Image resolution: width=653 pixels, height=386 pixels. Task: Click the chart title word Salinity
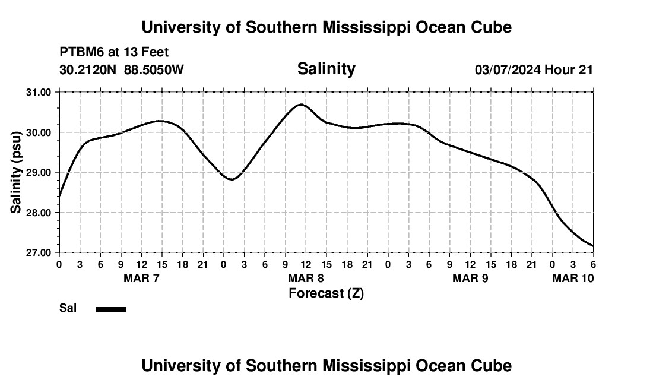coord(326,69)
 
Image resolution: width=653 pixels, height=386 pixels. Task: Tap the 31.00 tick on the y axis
coord(39,92)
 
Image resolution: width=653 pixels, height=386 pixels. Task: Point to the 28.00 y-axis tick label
coord(39,213)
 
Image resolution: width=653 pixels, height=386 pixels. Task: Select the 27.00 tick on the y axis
coord(39,252)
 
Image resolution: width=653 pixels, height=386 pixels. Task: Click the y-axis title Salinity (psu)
coord(16,173)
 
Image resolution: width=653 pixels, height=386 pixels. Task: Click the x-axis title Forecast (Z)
coord(326,293)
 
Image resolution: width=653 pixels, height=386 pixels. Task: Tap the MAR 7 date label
coord(141,278)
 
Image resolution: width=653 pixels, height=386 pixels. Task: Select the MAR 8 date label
coord(305,278)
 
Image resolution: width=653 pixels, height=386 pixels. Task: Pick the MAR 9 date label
coord(470,278)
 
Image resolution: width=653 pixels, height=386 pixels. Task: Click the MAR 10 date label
coord(573,278)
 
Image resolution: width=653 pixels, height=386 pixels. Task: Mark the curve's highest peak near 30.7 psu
coord(302,105)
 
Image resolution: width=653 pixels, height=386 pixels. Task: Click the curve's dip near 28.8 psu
coord(232,179)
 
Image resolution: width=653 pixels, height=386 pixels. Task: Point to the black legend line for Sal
coord(110,309)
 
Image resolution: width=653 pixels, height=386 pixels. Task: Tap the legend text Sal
coord(68,308)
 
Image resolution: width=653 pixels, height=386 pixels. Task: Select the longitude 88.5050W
coord(154,69)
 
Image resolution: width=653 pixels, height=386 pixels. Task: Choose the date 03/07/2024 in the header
coord(508,69)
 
